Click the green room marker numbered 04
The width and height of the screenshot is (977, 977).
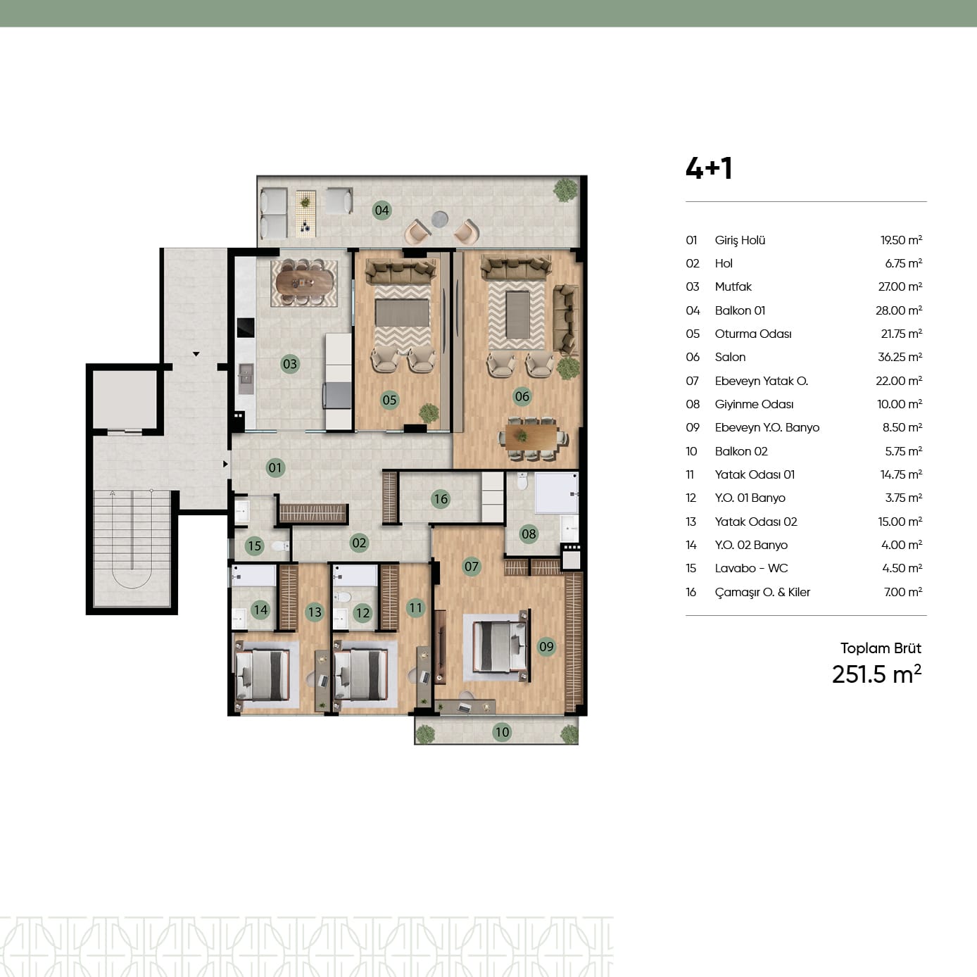point(382,210)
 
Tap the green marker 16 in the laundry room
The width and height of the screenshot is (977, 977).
point(441,499)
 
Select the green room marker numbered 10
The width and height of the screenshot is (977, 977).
point(502,731)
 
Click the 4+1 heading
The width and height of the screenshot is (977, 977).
point(709,168)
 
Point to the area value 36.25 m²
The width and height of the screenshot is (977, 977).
point(900,357)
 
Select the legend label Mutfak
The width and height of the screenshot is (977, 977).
point(733,287)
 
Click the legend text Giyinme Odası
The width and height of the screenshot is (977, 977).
point(754,404)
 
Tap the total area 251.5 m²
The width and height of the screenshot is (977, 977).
point(876,674)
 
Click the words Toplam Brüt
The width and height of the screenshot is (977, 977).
point(881,648)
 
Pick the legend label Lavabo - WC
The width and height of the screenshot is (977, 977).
point(751,568)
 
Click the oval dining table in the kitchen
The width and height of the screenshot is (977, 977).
point(304,283)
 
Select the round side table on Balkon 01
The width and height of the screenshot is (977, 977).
point(439,218)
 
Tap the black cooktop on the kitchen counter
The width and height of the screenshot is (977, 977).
point(246,327)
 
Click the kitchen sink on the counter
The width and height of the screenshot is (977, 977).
point(246,379)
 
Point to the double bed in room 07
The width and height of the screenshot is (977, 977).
point(500,646)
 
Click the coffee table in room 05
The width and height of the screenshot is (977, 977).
point(402,313)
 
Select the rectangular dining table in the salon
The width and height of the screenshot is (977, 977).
point(531,437)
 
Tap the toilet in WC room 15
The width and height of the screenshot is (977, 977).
point(280,546)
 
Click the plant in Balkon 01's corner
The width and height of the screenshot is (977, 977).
point(565,189)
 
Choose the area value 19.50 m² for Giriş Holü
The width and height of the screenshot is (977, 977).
point(901,240)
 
